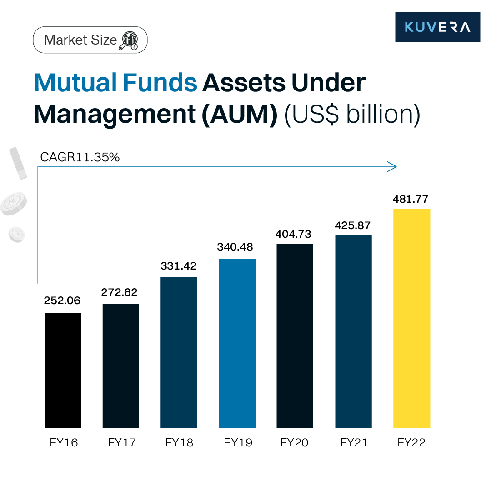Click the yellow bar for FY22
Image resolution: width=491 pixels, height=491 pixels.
click(411, 318)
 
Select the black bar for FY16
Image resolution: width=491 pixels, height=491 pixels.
click(63, 371)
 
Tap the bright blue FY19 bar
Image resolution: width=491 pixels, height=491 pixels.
click(237, 343)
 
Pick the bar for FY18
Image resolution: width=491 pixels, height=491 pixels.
click(179, 352)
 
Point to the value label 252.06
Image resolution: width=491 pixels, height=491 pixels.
click(63, 301)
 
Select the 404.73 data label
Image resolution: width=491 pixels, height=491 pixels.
click(295, 234)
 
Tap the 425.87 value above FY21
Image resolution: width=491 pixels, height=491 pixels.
click(353, 225)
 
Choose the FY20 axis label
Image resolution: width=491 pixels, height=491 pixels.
click(295, 442)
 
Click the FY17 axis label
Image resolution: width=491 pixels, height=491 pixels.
click(121, 442)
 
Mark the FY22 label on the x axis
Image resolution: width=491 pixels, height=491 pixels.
click(411, 442)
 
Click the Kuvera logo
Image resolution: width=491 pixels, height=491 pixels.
click(437, 27)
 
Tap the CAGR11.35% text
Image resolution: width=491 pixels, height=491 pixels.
click(80, 157)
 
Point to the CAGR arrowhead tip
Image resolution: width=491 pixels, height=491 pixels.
click(396, 167)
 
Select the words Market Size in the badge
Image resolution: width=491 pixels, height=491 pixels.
click(80, 40)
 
